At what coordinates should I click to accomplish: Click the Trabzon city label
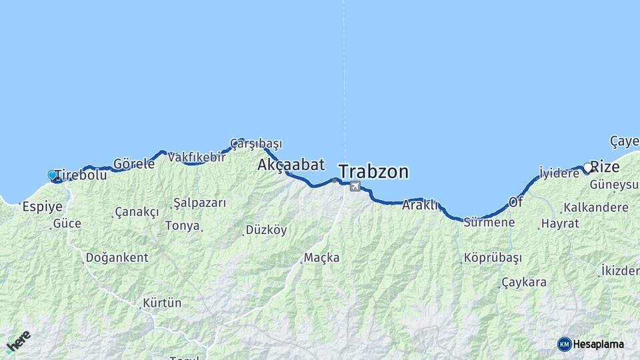(x=373, y=172)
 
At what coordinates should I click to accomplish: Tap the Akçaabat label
(x=291, y=165)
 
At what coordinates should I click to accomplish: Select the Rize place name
(x=605, y=167)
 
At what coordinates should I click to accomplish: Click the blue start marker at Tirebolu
(x=53, y=175)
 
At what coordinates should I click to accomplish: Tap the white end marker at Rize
(x=587, y=167)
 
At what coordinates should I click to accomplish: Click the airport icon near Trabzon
(x=355, y=186)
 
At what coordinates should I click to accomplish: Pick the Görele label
(x=134, y=163)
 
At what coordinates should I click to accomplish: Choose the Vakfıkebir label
(x=196, y=157)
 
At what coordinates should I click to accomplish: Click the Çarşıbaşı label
(x=256, y=143)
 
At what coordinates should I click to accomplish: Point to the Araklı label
(x=419, y=205)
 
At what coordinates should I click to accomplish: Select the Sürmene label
(x=489, y=222)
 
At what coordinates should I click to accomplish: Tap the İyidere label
(x=559, y=173)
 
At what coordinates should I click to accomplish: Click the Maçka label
(x=321, y=257)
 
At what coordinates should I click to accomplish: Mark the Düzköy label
(x=266, y=230)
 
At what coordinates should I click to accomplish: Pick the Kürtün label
(x=161, y=303)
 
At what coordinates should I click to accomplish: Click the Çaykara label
(x=524, y=282)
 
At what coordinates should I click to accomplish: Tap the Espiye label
(x=43, y=207)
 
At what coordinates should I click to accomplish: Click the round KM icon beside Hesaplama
(x=564, y=344)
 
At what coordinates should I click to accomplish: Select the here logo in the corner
(x=18, y=341)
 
